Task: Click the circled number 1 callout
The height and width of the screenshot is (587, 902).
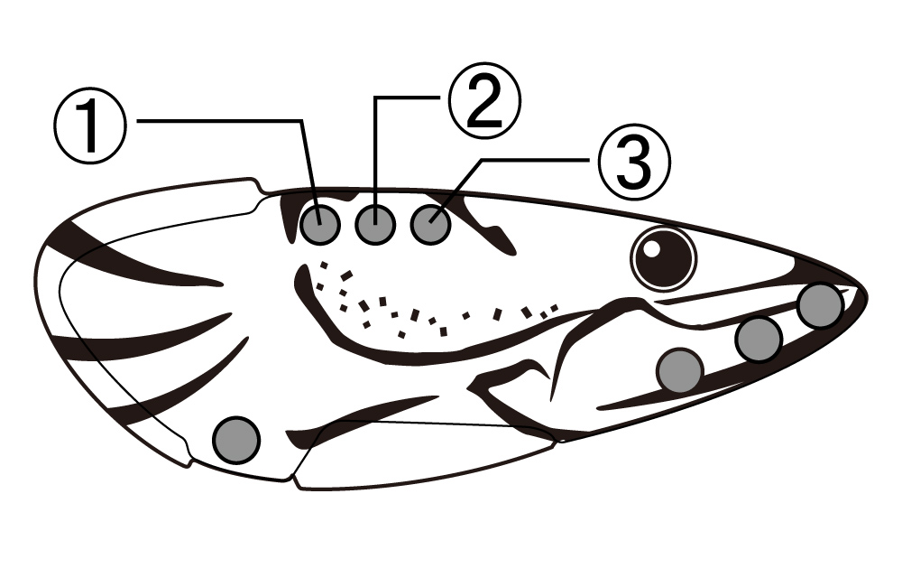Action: pos(89,126)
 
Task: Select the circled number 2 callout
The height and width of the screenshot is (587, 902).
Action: pos(484,100)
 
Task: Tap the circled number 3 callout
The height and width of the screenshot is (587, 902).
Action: pos(634,162)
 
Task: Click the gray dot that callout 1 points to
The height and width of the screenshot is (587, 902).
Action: pos(320,224)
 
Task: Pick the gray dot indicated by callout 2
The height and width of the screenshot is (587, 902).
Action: pos(375,224)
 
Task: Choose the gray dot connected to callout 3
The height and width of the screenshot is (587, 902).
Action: pos(430,224)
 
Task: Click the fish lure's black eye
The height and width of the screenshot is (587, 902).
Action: pos(663,258)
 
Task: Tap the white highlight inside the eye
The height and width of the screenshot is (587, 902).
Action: pos(652,248)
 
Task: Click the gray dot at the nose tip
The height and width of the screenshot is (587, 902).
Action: pos(820,305)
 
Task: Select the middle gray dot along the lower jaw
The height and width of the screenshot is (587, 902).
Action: pos(759,340)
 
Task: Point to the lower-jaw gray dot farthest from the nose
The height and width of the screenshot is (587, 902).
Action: pos(680,370)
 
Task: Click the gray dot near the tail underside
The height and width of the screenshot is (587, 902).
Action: pos(236,440)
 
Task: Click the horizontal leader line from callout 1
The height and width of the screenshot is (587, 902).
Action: pos(219,121)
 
